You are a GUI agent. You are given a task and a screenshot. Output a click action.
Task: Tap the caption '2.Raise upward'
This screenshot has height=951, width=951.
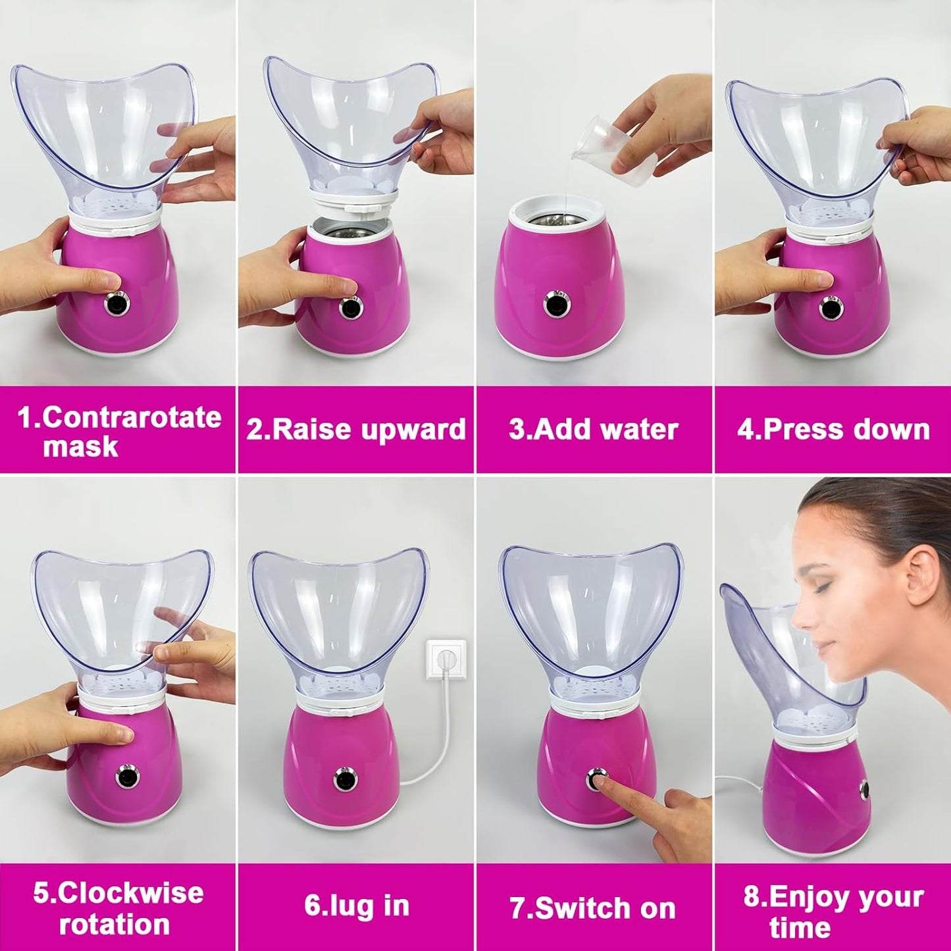tap(356, 429)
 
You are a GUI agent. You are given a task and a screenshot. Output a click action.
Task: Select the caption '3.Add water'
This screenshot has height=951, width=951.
tap(594, 429)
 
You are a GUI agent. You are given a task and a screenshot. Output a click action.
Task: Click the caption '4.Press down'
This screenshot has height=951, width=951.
tap(833, 429)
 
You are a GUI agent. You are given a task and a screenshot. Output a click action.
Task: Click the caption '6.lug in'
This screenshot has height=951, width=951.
tap(356, 906)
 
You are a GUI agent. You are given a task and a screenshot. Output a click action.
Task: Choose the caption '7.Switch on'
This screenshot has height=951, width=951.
tap(594, 908)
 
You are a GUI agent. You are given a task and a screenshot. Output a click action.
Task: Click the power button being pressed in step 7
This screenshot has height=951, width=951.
tap(596, 779)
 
